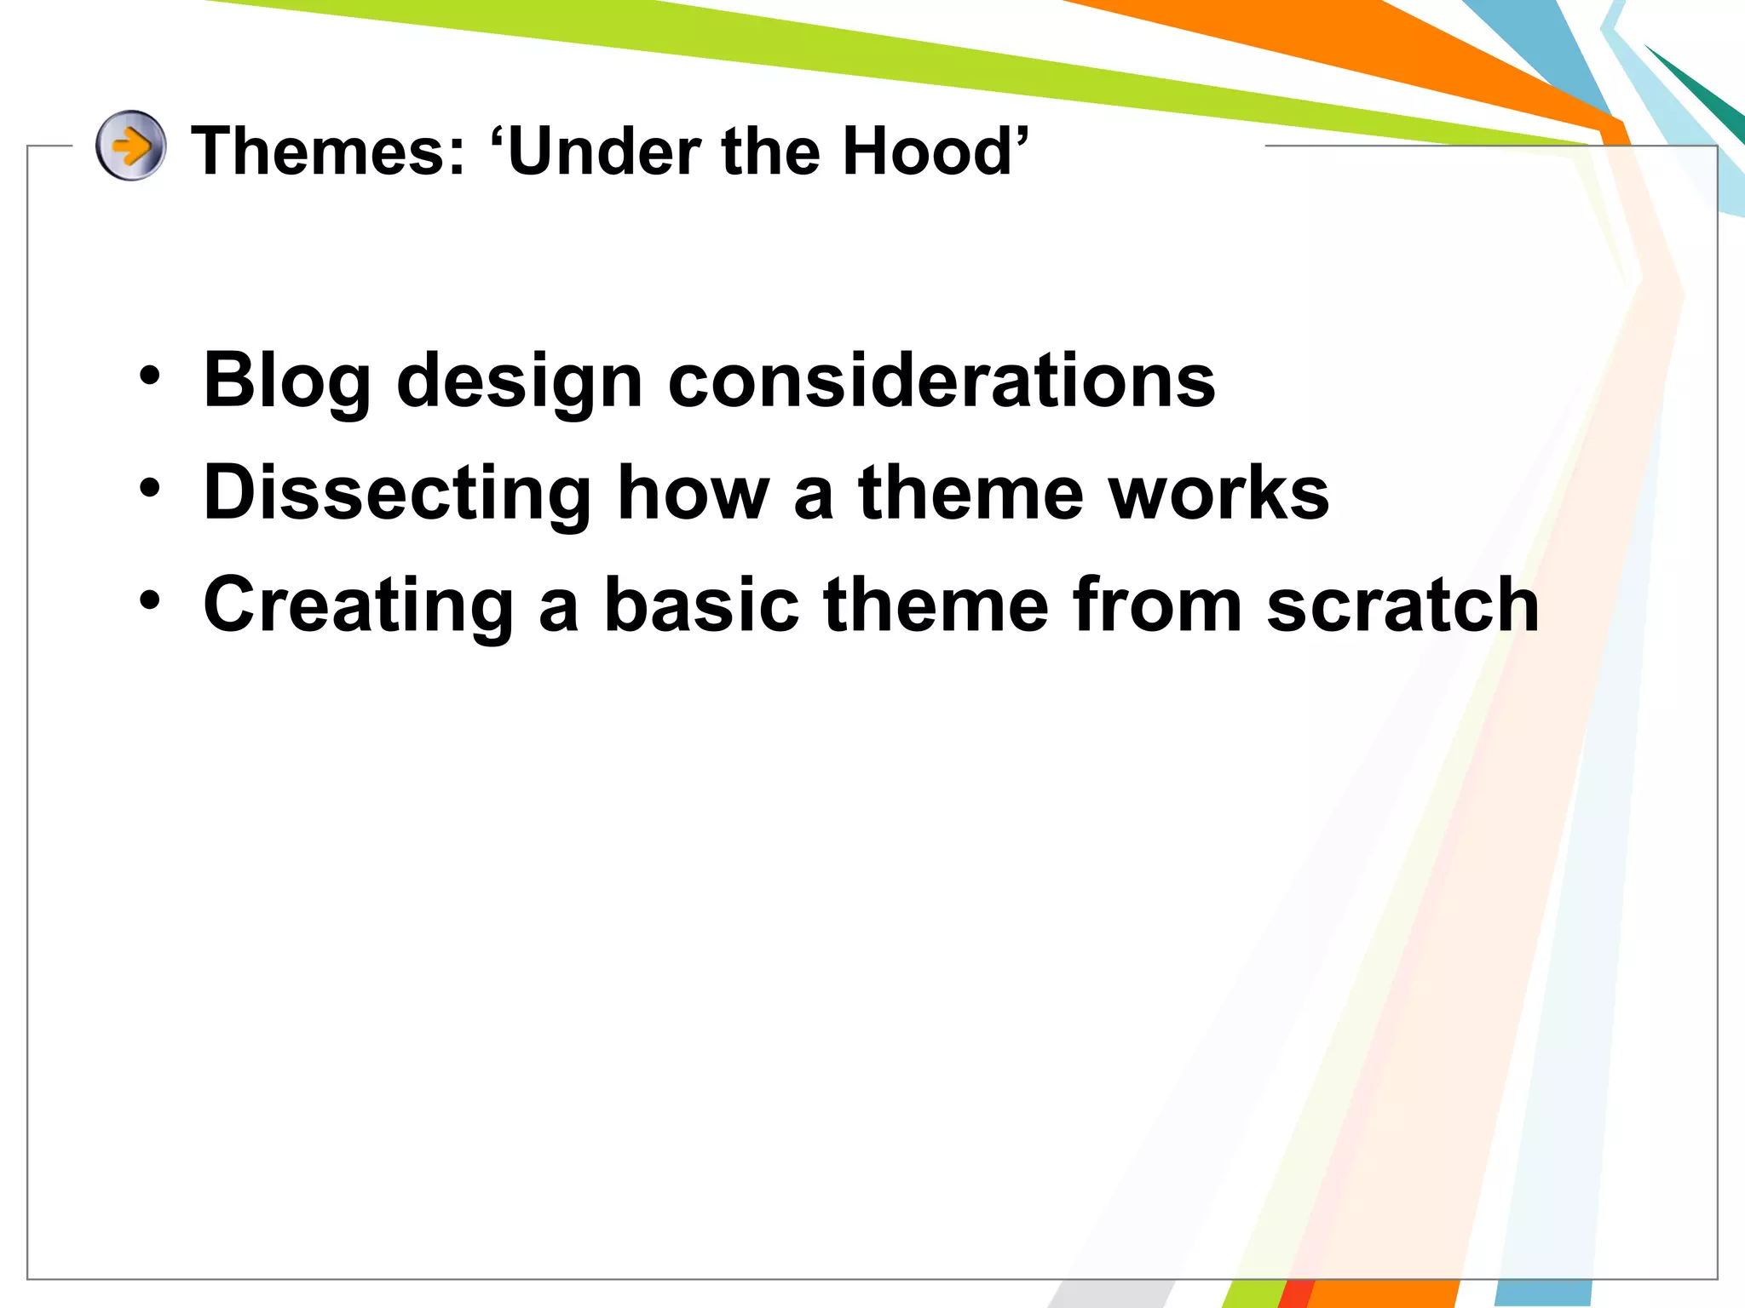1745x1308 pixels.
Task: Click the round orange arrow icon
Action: [x=130, y=146]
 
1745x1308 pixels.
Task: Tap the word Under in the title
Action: [x=605, y=152]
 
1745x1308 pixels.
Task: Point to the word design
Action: [x=520, y=382]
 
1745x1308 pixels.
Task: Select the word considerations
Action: [x=942, y=381]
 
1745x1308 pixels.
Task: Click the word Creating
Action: [x=358, y=606]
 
